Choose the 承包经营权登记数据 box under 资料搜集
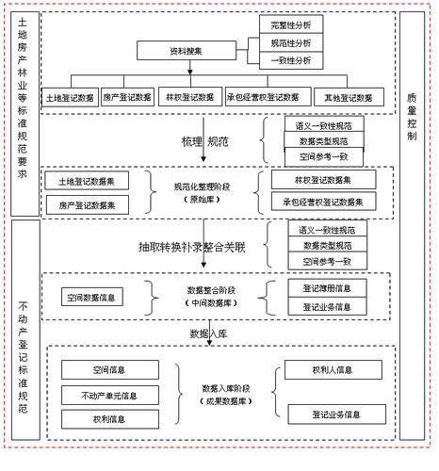[x=268, y=96]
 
